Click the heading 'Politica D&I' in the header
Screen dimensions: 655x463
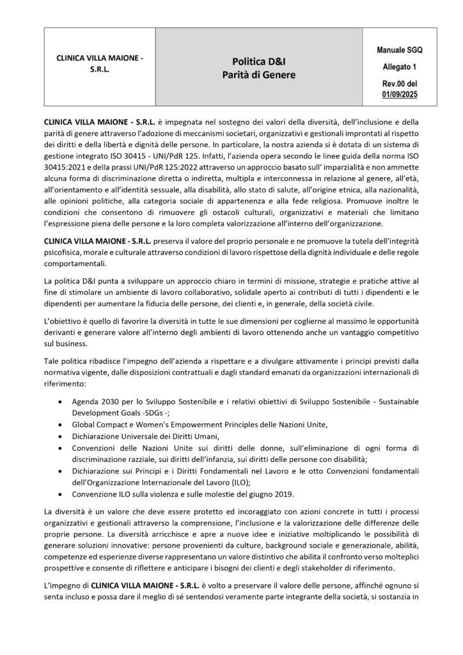point(258,61)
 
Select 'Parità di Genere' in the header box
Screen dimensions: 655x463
point(258,75)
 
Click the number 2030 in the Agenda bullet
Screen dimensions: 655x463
point(113,402)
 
